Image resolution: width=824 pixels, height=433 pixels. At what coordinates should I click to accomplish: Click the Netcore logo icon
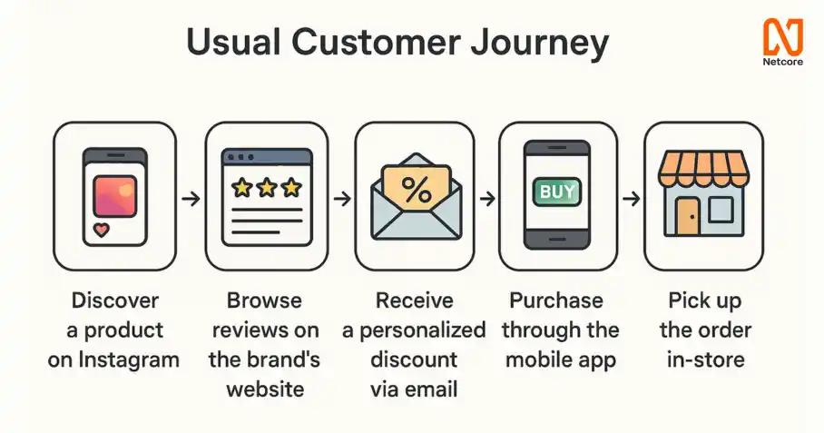pyautogui.click(x=783, y=37)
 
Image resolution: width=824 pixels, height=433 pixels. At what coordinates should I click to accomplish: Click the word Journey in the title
pyautogui.click(x=540, y=42)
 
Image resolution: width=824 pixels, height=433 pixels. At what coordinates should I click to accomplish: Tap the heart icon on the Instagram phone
pyautogui.click(x=101, y=230)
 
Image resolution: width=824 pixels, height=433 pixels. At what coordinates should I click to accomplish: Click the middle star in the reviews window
pyautogui.click(x=267, y=187)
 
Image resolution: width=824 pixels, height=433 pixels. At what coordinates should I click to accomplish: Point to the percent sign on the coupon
pyautogui.click(x=417, y=190)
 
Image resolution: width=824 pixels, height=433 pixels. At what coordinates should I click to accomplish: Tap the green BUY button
pyautogui.click(x=557, y=192)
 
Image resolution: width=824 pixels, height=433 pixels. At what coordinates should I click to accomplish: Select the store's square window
pyautogui.click(x=721, y=209)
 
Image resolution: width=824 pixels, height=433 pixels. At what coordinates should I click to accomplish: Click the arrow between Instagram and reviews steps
pyautogui.click(x=191, y=199)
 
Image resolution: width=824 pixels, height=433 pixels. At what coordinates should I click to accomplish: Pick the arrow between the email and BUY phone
pyautogui.click(x=487, y=199)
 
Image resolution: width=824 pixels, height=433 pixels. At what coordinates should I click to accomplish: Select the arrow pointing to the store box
pyautogui.click(x=631, y=199)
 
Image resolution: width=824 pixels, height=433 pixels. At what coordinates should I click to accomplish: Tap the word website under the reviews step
pyautogui.click(x=265, y=389)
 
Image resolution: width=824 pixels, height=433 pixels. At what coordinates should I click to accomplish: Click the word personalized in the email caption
pyautogui.click(x=423, y=331)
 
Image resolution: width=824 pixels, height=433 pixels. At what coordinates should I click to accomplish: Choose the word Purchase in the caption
pyautogui.click(x=556, y=300)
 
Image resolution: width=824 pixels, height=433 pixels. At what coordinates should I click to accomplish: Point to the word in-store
pyautogui.click(x=706, y=360)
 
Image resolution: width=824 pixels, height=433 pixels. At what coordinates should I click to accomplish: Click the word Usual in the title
pyautogui.click(x=233, y=42)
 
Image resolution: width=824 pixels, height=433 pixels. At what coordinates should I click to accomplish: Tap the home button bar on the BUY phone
pyautogui.click(x=557, y=239)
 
